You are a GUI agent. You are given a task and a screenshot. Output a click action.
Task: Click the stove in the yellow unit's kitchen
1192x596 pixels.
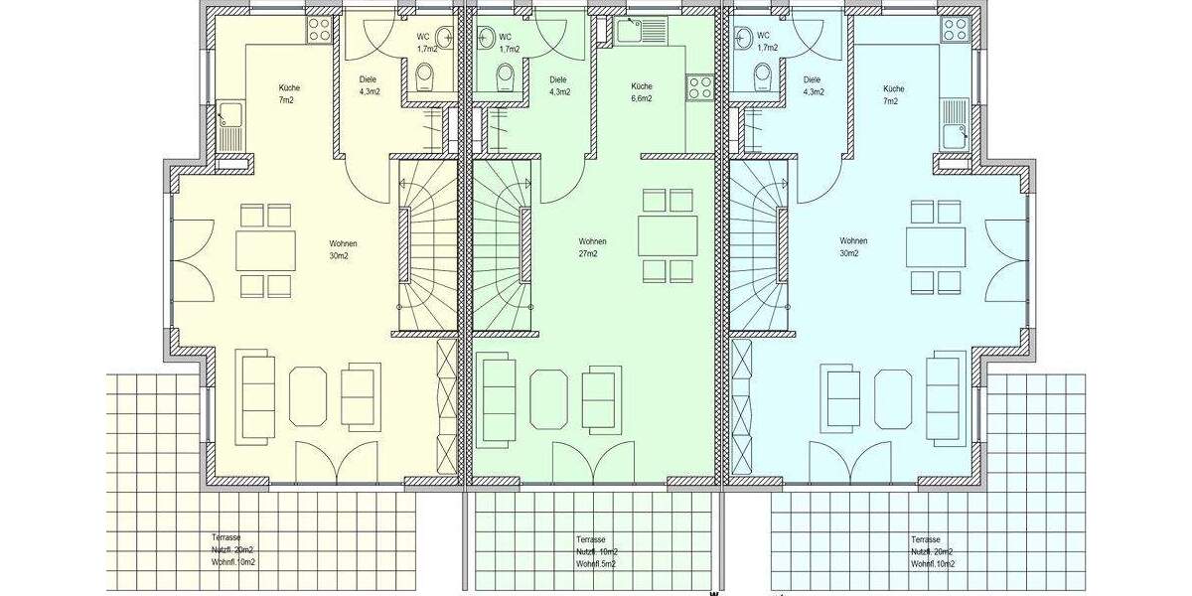[x=319, y=30]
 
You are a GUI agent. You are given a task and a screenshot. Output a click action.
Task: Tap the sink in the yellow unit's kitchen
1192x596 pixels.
[x=230, y=127]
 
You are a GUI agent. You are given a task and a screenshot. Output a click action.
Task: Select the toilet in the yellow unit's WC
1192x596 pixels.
[x=425, y=75]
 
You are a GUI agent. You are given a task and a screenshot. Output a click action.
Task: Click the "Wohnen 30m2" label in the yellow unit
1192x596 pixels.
[x=344, y=249]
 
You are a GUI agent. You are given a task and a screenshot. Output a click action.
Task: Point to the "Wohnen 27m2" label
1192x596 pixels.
[x=593, y=247]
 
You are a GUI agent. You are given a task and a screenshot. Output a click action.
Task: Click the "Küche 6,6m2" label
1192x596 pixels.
[x=642, y=92]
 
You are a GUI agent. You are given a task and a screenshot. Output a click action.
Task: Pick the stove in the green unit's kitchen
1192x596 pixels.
[x=700, y=87]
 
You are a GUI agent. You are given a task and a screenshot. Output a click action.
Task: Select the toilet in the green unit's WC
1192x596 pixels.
[x=506, y=75]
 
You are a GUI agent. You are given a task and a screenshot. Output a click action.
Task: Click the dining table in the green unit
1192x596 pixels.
[x=668, y=235]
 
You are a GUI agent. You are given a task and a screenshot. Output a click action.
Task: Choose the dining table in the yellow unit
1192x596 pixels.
[x=265, y=250]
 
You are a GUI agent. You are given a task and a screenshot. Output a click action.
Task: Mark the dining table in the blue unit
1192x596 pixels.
[x=936, y=247]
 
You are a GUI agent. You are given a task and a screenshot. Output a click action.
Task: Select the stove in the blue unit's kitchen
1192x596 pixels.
[x=955, y=30]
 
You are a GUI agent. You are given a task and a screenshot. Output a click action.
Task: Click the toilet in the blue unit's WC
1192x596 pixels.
[x=763, y=75]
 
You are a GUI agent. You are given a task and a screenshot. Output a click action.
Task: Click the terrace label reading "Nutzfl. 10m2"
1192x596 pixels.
[x=596, y=551]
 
